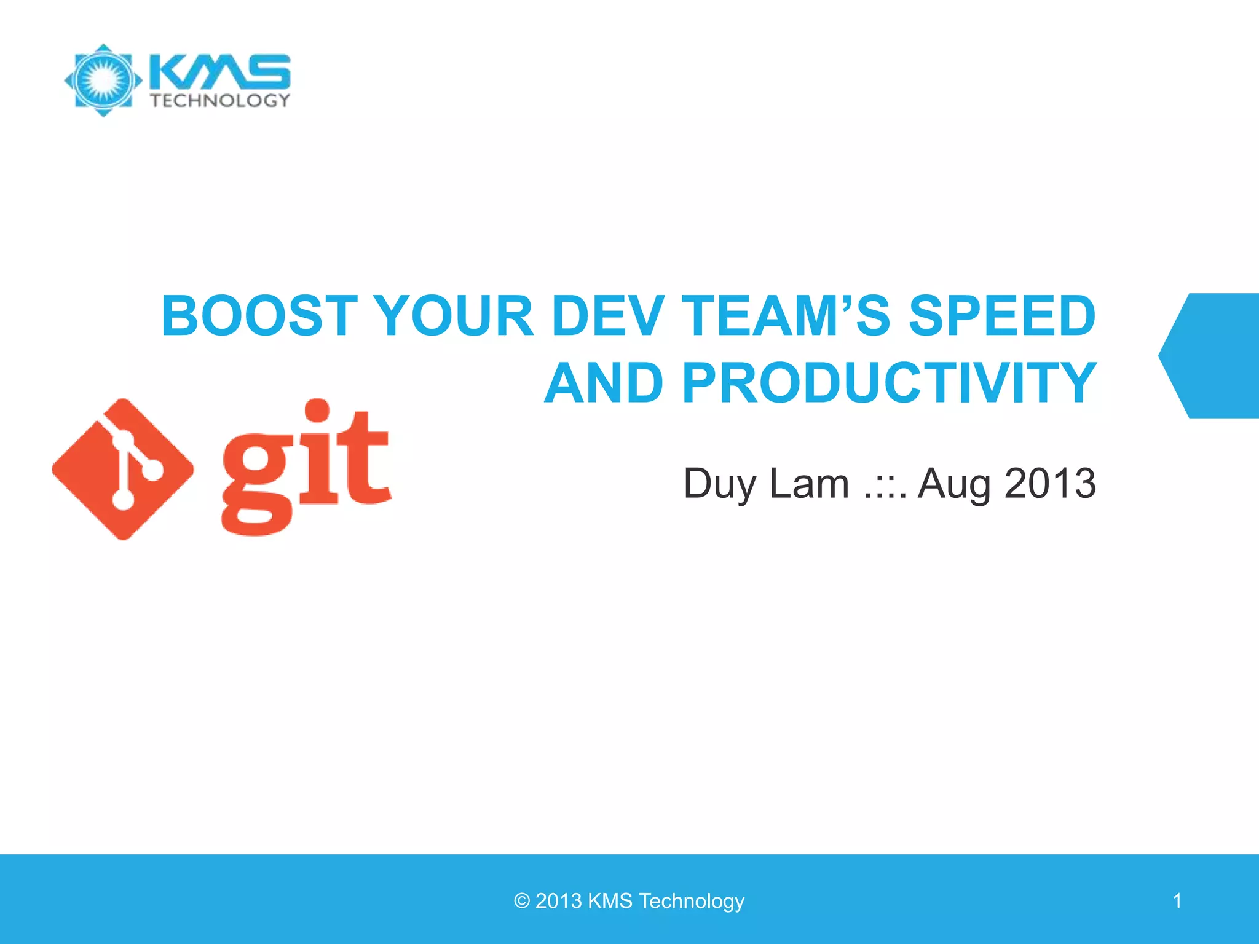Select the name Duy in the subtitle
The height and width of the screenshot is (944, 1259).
[x=719, y=484]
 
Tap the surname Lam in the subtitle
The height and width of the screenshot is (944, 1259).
[x=810, y=484]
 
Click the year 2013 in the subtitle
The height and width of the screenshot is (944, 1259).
[x=1050, y=484]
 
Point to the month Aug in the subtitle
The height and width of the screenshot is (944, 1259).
[x=953, y=484]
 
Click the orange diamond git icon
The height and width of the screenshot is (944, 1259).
[x=123, y=470]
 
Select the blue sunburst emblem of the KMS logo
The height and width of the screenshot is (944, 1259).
[x=103, y=80]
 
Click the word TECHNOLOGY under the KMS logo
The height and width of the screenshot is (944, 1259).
[x=220, y=100]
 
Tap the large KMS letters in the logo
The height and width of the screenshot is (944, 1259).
[x=219, y=71]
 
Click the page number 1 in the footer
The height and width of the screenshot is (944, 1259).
[x=1177, y=901]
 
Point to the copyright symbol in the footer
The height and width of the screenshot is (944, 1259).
[x=521, y=901]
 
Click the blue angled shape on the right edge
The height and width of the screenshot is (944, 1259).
[x=1214, y=356]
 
